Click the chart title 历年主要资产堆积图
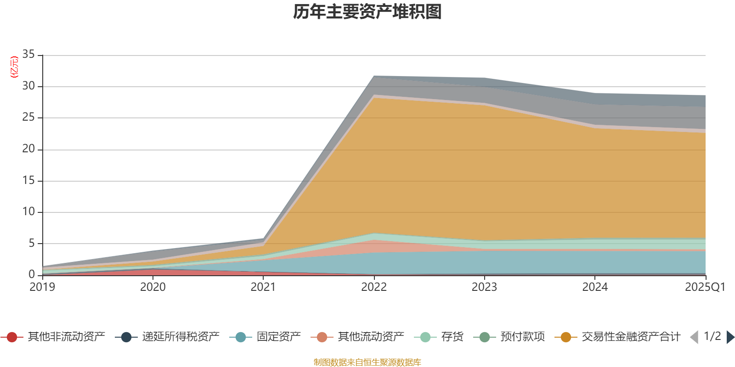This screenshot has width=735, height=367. click(367, 12)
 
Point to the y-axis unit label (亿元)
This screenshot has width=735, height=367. click(14, 67)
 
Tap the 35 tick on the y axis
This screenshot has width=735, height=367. click(28, 55)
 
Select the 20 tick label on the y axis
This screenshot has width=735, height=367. click(28, 149)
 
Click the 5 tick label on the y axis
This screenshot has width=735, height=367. click(32, 243)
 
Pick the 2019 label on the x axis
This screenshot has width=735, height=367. click(42, 287)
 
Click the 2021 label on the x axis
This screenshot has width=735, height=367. click(263, 287)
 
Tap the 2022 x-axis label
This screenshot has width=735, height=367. click(374, 287)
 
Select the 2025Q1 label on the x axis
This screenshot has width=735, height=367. click(705, 287)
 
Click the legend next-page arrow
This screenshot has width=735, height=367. click(730, 337)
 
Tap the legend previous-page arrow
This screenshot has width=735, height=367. click(694, 337)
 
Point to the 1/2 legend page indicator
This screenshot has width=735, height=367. click(712, 336)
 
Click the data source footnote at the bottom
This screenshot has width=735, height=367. click(367, 362)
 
